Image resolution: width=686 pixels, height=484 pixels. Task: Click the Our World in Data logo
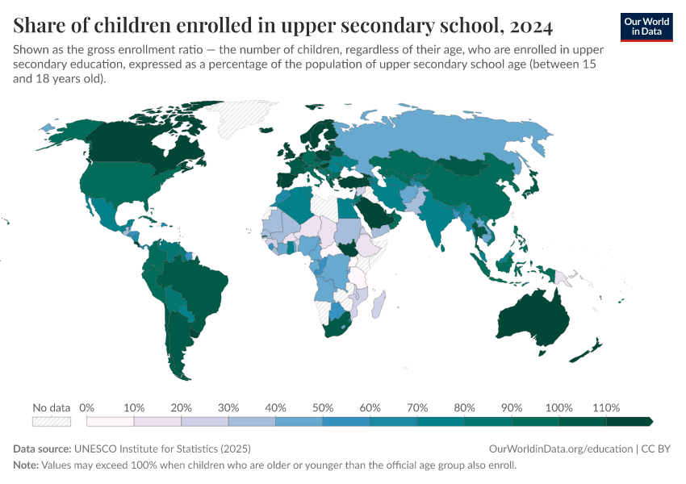click(646, 27)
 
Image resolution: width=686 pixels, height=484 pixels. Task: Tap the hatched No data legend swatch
click(52, 421)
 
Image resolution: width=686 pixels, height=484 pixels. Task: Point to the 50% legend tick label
click(323, 407)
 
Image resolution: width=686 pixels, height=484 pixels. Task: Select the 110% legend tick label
click(606, 407)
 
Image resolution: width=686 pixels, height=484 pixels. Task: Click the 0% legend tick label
click(87, 407)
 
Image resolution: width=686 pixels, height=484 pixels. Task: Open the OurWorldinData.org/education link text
click(561, 449)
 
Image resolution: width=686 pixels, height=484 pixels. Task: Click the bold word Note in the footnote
click(26, 465)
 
